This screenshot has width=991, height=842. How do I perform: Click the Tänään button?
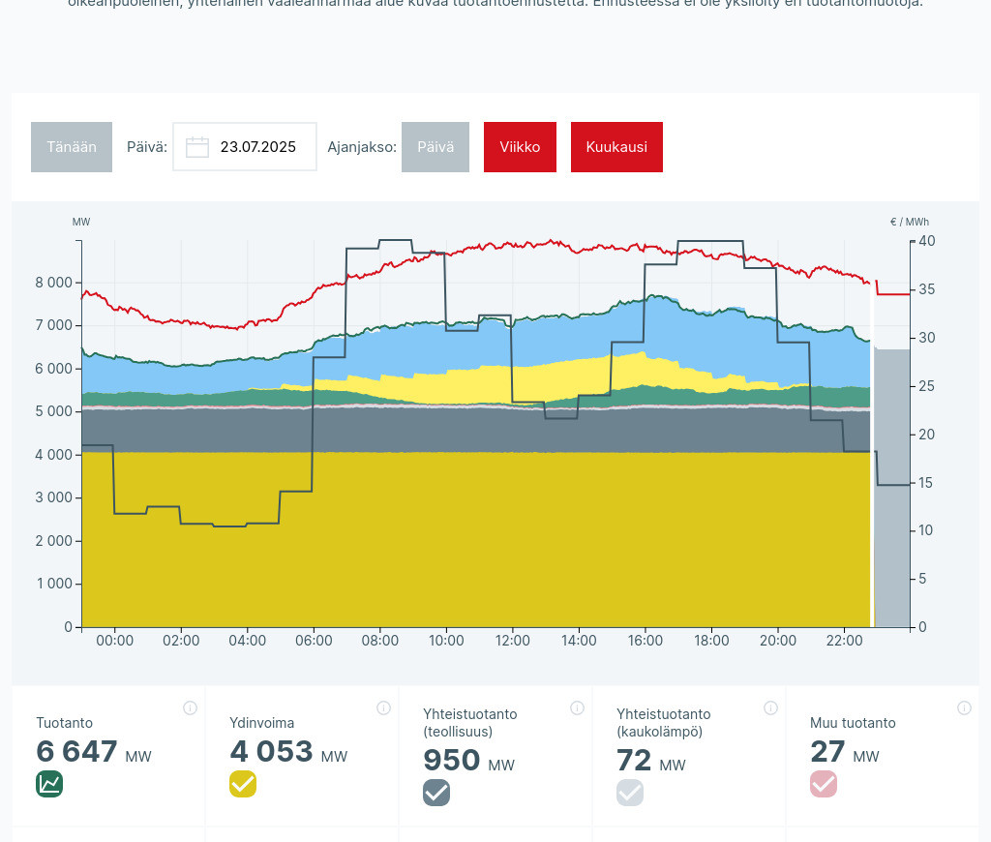click(72, 147)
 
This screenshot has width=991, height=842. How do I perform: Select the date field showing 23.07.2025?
click(256, 147)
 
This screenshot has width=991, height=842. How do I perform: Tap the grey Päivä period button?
click(435, 147)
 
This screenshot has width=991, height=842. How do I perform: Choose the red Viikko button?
click(520, 147)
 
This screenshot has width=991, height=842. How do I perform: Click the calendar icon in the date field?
click(197, 147)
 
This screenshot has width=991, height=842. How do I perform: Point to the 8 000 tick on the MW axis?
click(52, 283)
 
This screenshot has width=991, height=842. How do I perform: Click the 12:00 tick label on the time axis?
click(512, 641)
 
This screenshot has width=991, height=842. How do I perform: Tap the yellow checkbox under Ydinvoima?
click(243, 784)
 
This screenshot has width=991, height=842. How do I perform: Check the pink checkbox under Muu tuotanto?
click(824, 784)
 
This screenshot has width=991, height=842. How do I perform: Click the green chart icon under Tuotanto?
click(49, 784)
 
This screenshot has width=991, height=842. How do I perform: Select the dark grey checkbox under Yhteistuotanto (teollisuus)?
click(436, 793)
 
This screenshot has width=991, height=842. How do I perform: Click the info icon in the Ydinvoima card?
click(383, 708)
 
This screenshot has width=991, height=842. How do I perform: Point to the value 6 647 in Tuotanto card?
click(76, 752)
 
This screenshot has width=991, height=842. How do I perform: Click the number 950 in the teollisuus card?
click(451, 761)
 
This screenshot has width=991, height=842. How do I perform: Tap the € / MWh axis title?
click(909, 222)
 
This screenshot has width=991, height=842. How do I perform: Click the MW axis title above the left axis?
click(81, 222)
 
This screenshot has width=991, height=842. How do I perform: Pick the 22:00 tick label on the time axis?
click(844, 641)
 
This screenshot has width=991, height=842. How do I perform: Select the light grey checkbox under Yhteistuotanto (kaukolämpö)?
click(630, 793)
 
